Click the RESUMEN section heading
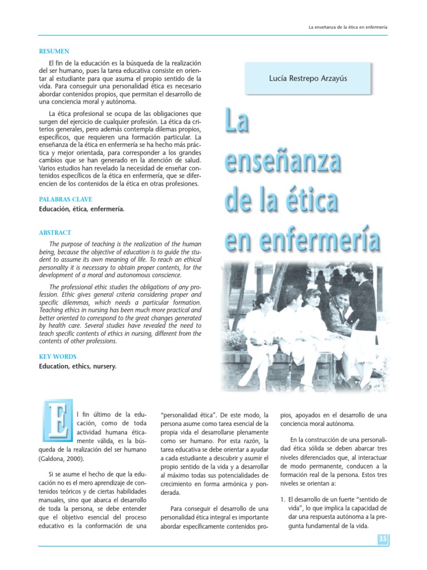point(54,51)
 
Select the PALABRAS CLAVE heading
point(66,199)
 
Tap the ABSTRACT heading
point(55,233)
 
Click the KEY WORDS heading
point(58,356)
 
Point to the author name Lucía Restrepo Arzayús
point(307,78)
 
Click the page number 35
point(383,539)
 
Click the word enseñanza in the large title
point(282,160)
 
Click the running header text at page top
point(347,27)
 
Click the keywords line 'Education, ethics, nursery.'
point(78,367)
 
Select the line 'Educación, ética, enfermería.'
point(82,209)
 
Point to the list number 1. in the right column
point(283,499)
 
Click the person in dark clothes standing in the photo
point(364,312)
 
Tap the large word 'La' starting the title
point(236,121)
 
